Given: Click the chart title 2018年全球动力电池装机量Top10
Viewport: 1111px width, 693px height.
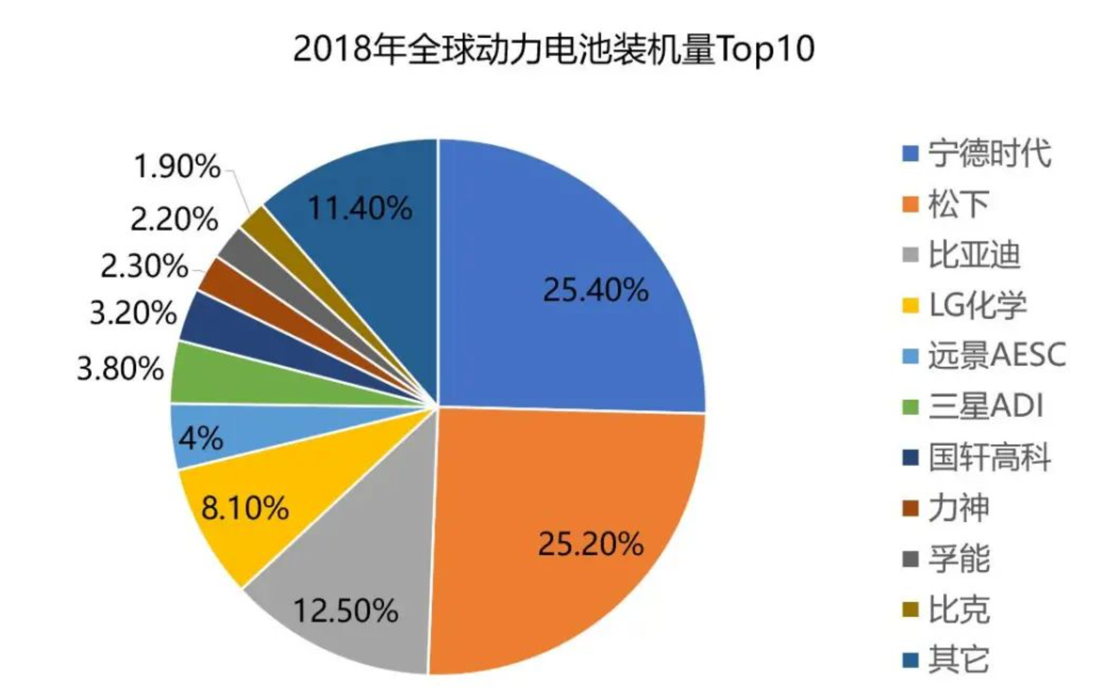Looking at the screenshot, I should coord(553,49).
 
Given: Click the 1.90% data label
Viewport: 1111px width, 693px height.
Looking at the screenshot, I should coord(177,167).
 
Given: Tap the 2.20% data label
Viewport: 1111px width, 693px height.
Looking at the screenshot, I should coord(174,219).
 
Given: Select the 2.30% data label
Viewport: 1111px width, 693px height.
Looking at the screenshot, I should coord(144,266).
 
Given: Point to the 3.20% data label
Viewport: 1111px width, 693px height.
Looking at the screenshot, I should coord(133,312).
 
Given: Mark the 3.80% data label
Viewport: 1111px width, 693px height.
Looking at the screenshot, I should coord(120,368).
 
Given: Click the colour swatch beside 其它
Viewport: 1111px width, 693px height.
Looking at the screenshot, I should coord(910,661).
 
